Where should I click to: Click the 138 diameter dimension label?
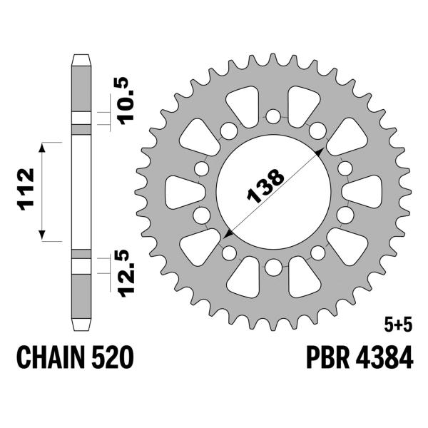[265, 186]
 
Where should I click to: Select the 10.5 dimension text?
[126, 101]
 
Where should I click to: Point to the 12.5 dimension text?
[126, 273]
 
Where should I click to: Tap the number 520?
[112, 357]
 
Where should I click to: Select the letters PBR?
[328, 357]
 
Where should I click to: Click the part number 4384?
[384, 357]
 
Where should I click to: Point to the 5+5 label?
[398, 326]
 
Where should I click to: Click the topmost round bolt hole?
[273, 116]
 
